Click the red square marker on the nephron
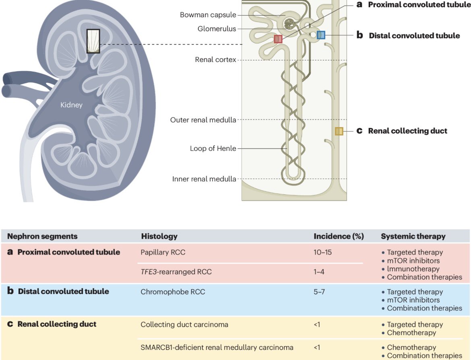coord(278,39)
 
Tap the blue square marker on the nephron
coord(321,35)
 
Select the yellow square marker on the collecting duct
coord(339,131)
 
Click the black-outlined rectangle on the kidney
coord(93,41)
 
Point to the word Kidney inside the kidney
coord(71,105)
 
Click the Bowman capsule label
coord(208,15)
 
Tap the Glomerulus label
coord(217,29)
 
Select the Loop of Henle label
coord(213,148)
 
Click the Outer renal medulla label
coord(203,120)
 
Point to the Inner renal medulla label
coord(204,179)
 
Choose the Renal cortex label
coord(215,60)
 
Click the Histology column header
coord(159,236)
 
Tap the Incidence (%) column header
coord(339,236)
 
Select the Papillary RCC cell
coord(163,252)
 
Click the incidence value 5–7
coord(319,292)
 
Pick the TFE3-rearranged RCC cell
coord(176,272)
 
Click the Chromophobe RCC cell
coord(173,292)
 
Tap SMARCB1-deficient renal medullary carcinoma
coord(217,348)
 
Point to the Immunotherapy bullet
coord(410,269)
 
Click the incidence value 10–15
coord(322,252)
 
